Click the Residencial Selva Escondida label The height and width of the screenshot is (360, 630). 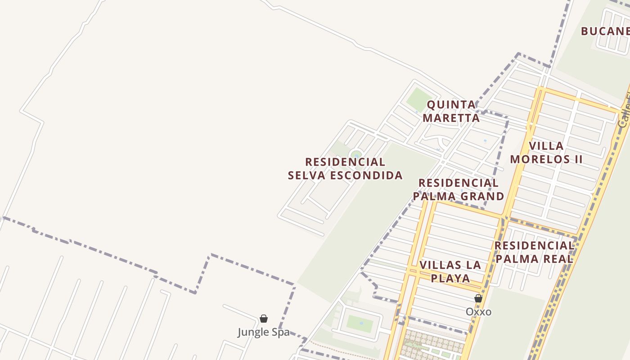345,168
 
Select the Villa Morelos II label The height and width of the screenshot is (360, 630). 546,153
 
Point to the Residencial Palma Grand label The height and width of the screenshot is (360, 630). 459,189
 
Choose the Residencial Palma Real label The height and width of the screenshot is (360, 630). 534,252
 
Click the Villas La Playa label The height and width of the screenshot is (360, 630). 450,271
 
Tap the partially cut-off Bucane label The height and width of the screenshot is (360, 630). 605,31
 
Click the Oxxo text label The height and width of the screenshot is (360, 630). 478,312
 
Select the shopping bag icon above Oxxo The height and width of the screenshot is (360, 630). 478,298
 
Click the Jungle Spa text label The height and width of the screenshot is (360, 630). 264,333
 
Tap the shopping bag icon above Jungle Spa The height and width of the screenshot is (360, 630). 264,319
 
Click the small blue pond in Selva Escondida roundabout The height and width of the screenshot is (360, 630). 356,155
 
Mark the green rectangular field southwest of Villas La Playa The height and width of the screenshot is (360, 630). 360,324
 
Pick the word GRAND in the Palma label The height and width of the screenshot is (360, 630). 482,196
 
